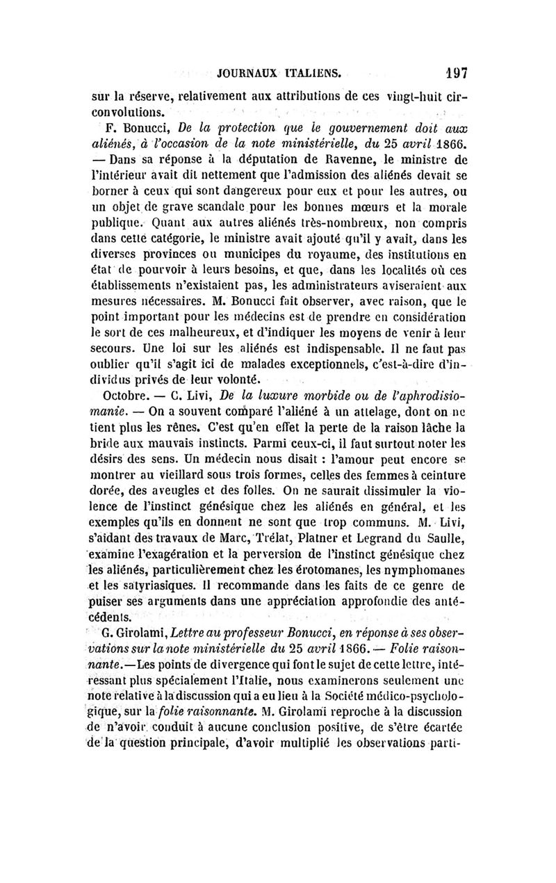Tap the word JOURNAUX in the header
click(x=247, y=72)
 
